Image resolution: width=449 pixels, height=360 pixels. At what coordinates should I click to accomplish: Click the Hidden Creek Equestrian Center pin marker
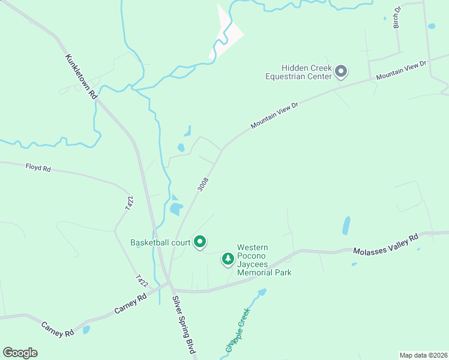pyautogui.click(x=341, y=71)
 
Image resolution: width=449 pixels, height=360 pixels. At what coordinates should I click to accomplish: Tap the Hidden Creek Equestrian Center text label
pyautogui.click(x=299, y=73)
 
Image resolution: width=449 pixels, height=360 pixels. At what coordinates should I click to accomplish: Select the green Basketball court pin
pyautogui.click(x=200, y=242)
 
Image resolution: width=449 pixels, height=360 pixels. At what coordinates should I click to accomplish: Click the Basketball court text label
pyautogui.click(x=160, y=242)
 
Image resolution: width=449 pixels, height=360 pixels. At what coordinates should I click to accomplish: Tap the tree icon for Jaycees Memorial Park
pyautogui.click(x=228, y=259)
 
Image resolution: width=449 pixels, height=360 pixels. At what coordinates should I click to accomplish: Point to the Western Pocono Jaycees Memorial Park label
pyautogui.click(x=264, y=260)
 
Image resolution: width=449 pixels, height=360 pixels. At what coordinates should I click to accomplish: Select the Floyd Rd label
pyautogui.click(x=38, y=168)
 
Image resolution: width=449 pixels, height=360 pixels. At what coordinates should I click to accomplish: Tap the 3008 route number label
pyautogui.click(x=203, y=184)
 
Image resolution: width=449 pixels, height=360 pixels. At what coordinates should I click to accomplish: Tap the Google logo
pyautogui.click(x=20, y=353)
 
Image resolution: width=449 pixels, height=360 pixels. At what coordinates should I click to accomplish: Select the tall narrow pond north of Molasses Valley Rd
pyautogui.click(x=346, y=225)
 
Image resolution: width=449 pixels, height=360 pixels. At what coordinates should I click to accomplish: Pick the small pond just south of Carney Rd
pyautogui.click(x=87, y=329)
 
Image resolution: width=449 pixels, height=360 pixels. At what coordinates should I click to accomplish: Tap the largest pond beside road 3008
pyautogui.click(x=176, y=208)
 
